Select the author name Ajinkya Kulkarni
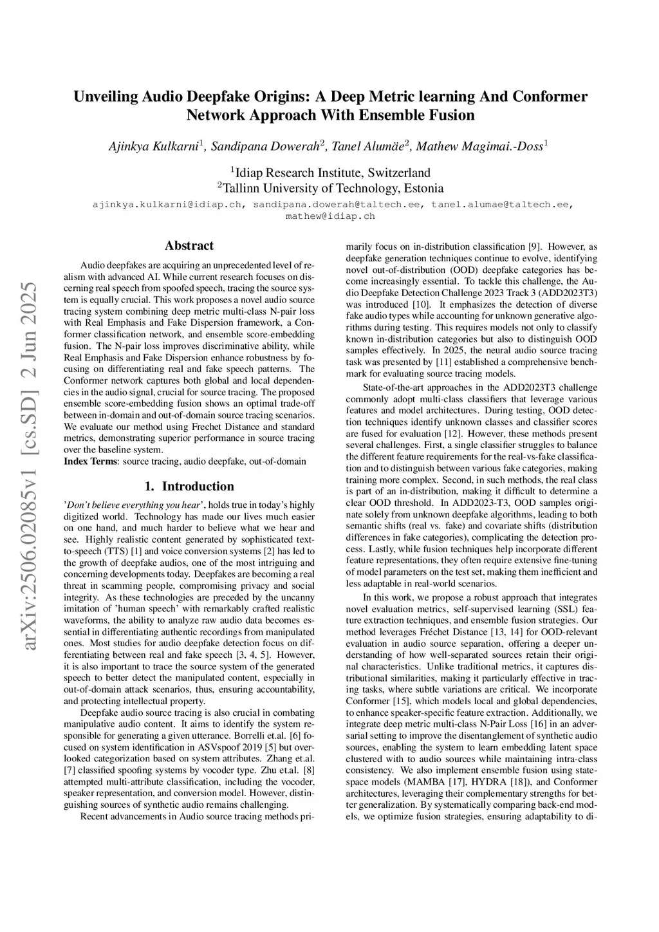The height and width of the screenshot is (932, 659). point(152,147)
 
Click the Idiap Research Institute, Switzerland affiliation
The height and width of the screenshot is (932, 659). point(330,172)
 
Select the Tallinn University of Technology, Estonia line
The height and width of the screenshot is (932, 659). point(330,188)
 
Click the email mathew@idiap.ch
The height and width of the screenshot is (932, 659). point(330,216)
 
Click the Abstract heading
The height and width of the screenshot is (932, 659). point(189,245)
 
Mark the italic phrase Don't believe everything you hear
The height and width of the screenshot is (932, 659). point(134,505)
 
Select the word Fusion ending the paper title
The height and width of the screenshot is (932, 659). point(450,115)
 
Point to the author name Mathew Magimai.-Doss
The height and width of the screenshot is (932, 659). point(480,147)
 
